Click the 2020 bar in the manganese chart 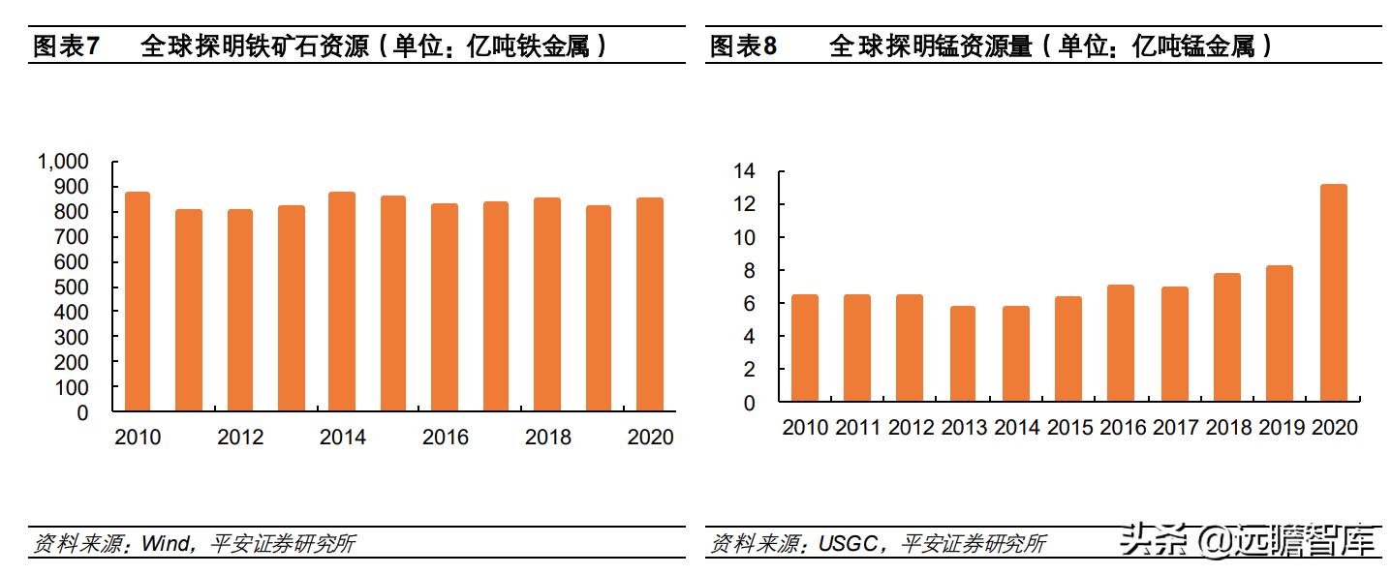[x=1333, y=292]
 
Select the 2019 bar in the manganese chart [x=1280, y=333]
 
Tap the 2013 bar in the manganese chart [x=963, y=353]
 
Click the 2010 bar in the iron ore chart [x=138, y=301]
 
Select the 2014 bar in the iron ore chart [x=342, y=301]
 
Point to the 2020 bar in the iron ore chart [x=649, y=304]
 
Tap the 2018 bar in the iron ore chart [x=547, y=304]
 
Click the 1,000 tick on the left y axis [x=63, y=162]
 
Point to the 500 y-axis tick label [x=73, y=287]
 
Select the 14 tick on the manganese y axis [x=744, y=171]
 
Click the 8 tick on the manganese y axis [x=750, y=271]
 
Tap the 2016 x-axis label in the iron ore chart [x=445, y=438]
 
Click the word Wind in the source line [x=165, y=544]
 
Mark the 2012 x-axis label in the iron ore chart [x=240, y=438]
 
